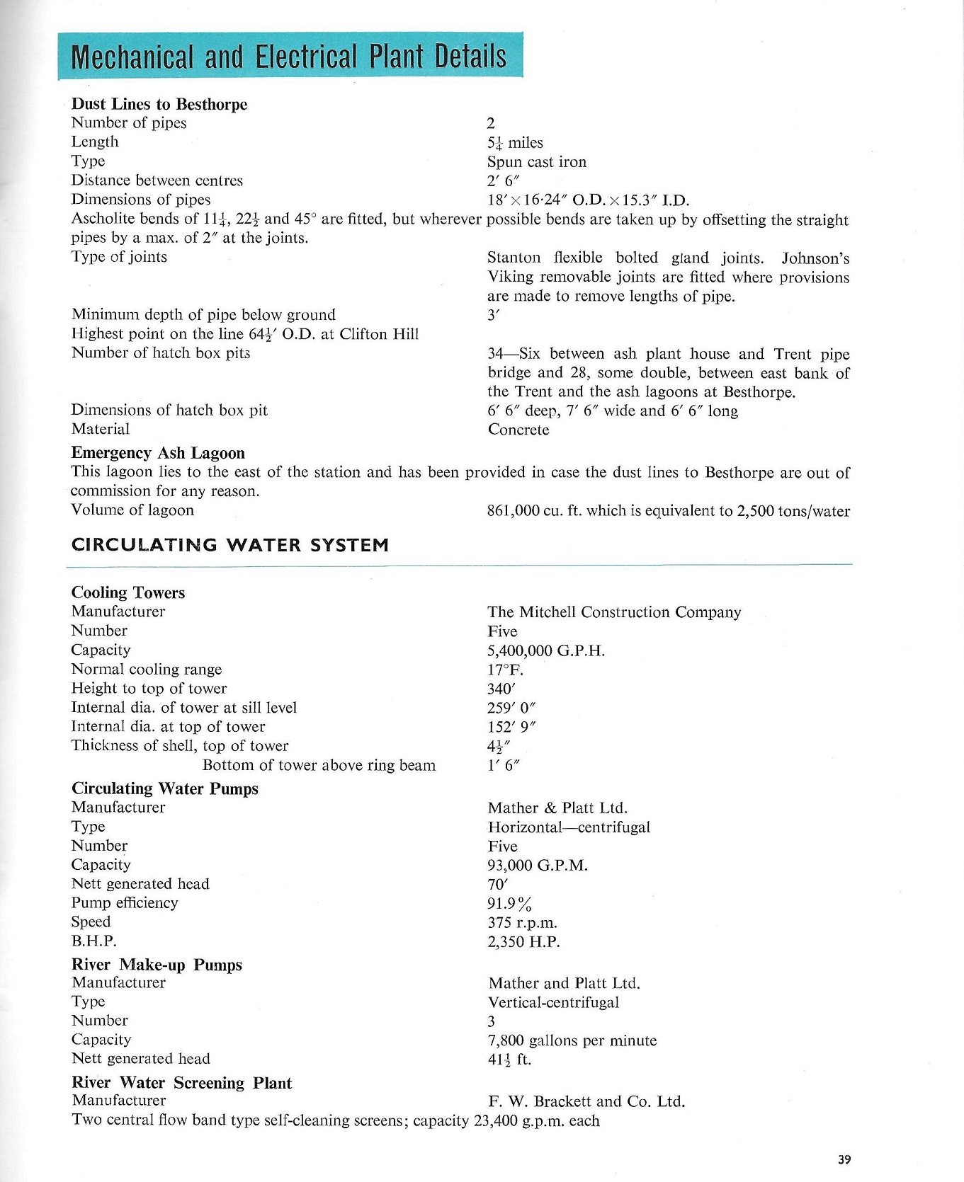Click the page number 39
click(844, 1159)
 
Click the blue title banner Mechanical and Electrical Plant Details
click(290, 56)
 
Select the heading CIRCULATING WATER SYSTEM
click(230, 545)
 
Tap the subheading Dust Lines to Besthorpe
click(159, 104)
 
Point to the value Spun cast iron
click(536, 161)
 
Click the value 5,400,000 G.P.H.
click(545, 650)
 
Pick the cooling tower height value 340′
click(500, 689)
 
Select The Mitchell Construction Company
click(613, 612)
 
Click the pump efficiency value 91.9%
click(509, 904)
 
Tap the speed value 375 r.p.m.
click(522, 923)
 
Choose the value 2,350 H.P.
click(523, 942)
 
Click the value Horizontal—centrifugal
click(569, 827)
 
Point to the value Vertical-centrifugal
click(553, 1002)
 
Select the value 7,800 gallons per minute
click(572, 1040)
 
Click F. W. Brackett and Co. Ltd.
click(586, 1101)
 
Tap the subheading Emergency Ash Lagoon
click(158, 453)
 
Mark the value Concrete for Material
click(518, 430)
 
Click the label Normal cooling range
click(147, 669)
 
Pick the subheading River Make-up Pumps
click(157, 965)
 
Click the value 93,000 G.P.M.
click(538, 866)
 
